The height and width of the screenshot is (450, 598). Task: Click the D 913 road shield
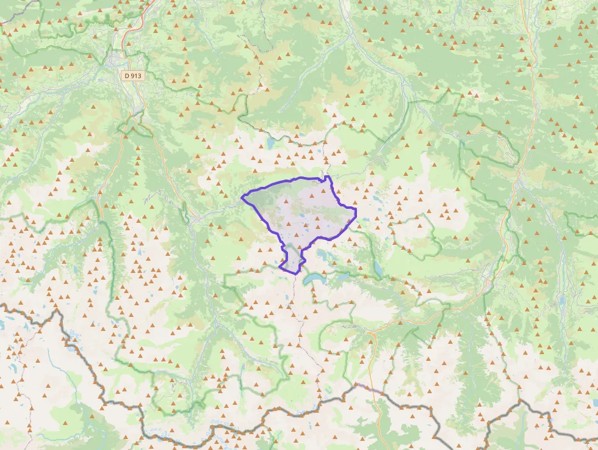[133, 76]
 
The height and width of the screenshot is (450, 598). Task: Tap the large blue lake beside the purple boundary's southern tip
[316, 278]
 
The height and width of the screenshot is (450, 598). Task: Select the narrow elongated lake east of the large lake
[379, 269]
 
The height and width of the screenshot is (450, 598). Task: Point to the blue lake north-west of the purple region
[270, 143]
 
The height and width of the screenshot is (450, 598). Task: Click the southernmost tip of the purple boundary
[297, 274]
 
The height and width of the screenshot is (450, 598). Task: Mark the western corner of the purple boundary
[242, 197]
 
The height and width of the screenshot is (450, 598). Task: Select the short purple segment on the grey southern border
[369, 388]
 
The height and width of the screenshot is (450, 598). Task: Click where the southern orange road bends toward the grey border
[373, 342]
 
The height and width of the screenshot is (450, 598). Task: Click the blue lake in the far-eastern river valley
[564, 300]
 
